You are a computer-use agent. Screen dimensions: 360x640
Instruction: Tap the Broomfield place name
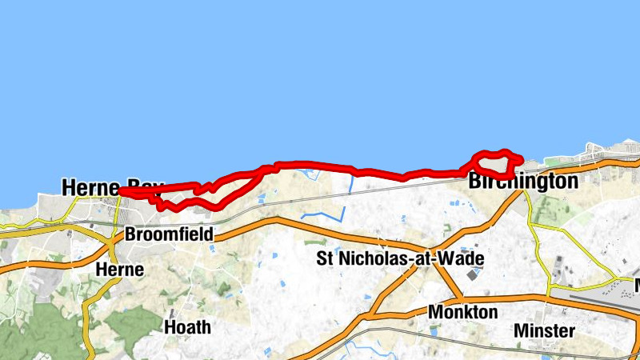point(169,235)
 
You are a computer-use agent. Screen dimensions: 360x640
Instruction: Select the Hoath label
point(187,326)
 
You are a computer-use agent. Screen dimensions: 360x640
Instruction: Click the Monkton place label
point(462,311)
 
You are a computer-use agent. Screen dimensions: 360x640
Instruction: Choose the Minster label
point(544,330)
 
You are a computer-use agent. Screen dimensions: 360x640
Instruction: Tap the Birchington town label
point(522,182)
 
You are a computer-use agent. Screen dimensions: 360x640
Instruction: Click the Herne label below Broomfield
point(119,270)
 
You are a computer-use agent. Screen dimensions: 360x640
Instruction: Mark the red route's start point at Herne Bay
point(121,190)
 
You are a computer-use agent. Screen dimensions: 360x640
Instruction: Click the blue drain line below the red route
point(350,186)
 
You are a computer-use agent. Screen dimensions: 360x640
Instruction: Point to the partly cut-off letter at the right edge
point(637,285)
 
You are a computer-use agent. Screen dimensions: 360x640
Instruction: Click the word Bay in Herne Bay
point(144,188)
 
